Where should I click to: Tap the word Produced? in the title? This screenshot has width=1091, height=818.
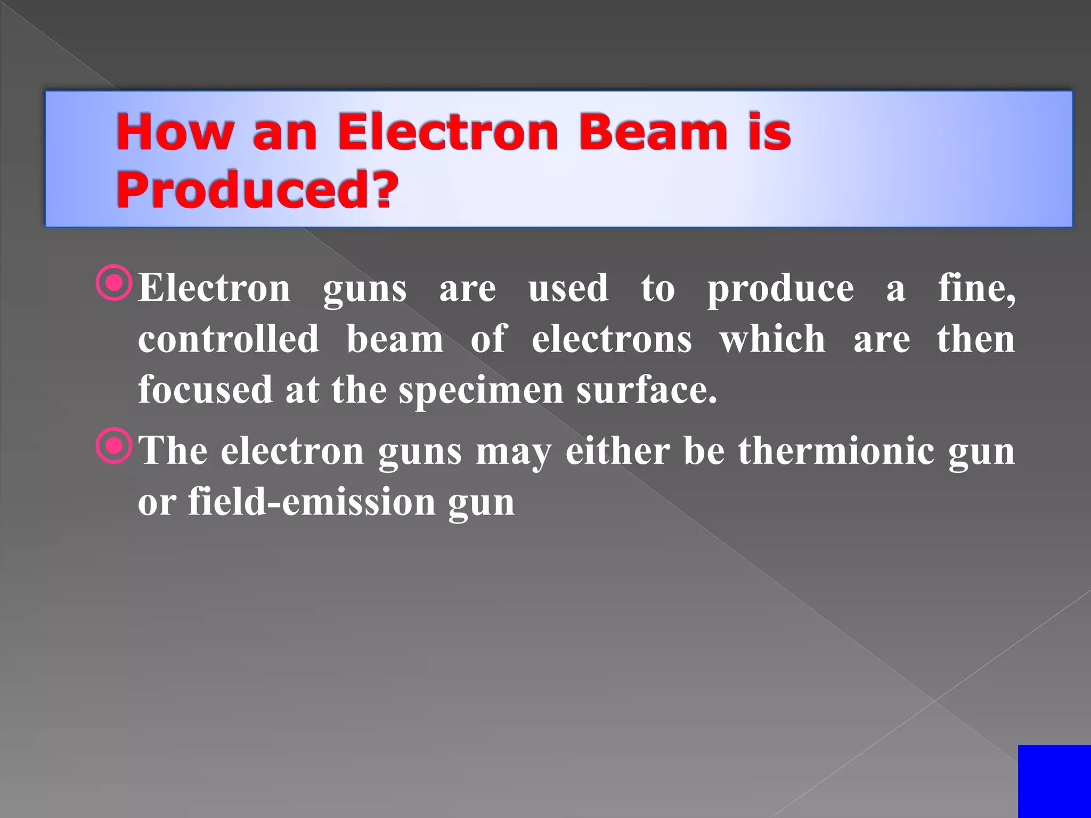point(257,190)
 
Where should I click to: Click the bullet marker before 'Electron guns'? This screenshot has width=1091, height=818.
point(113,283)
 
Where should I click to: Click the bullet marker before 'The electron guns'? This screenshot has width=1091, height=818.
point(113,446)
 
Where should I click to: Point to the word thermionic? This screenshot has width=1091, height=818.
point(836,451)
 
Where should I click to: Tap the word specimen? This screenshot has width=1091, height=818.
point(481,390)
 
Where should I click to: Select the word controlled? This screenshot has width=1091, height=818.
point(229,339)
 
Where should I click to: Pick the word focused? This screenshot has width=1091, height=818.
point(205,390)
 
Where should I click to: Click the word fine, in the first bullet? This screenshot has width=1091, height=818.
point(976,288)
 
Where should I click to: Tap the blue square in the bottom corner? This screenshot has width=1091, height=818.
point(1054,781)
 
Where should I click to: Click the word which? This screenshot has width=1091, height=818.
point(772,339)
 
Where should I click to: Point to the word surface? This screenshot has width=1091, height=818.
point(646,390)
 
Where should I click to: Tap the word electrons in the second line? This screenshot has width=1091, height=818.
point(612,339)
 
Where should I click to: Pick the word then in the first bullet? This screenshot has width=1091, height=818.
point(976,339)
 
